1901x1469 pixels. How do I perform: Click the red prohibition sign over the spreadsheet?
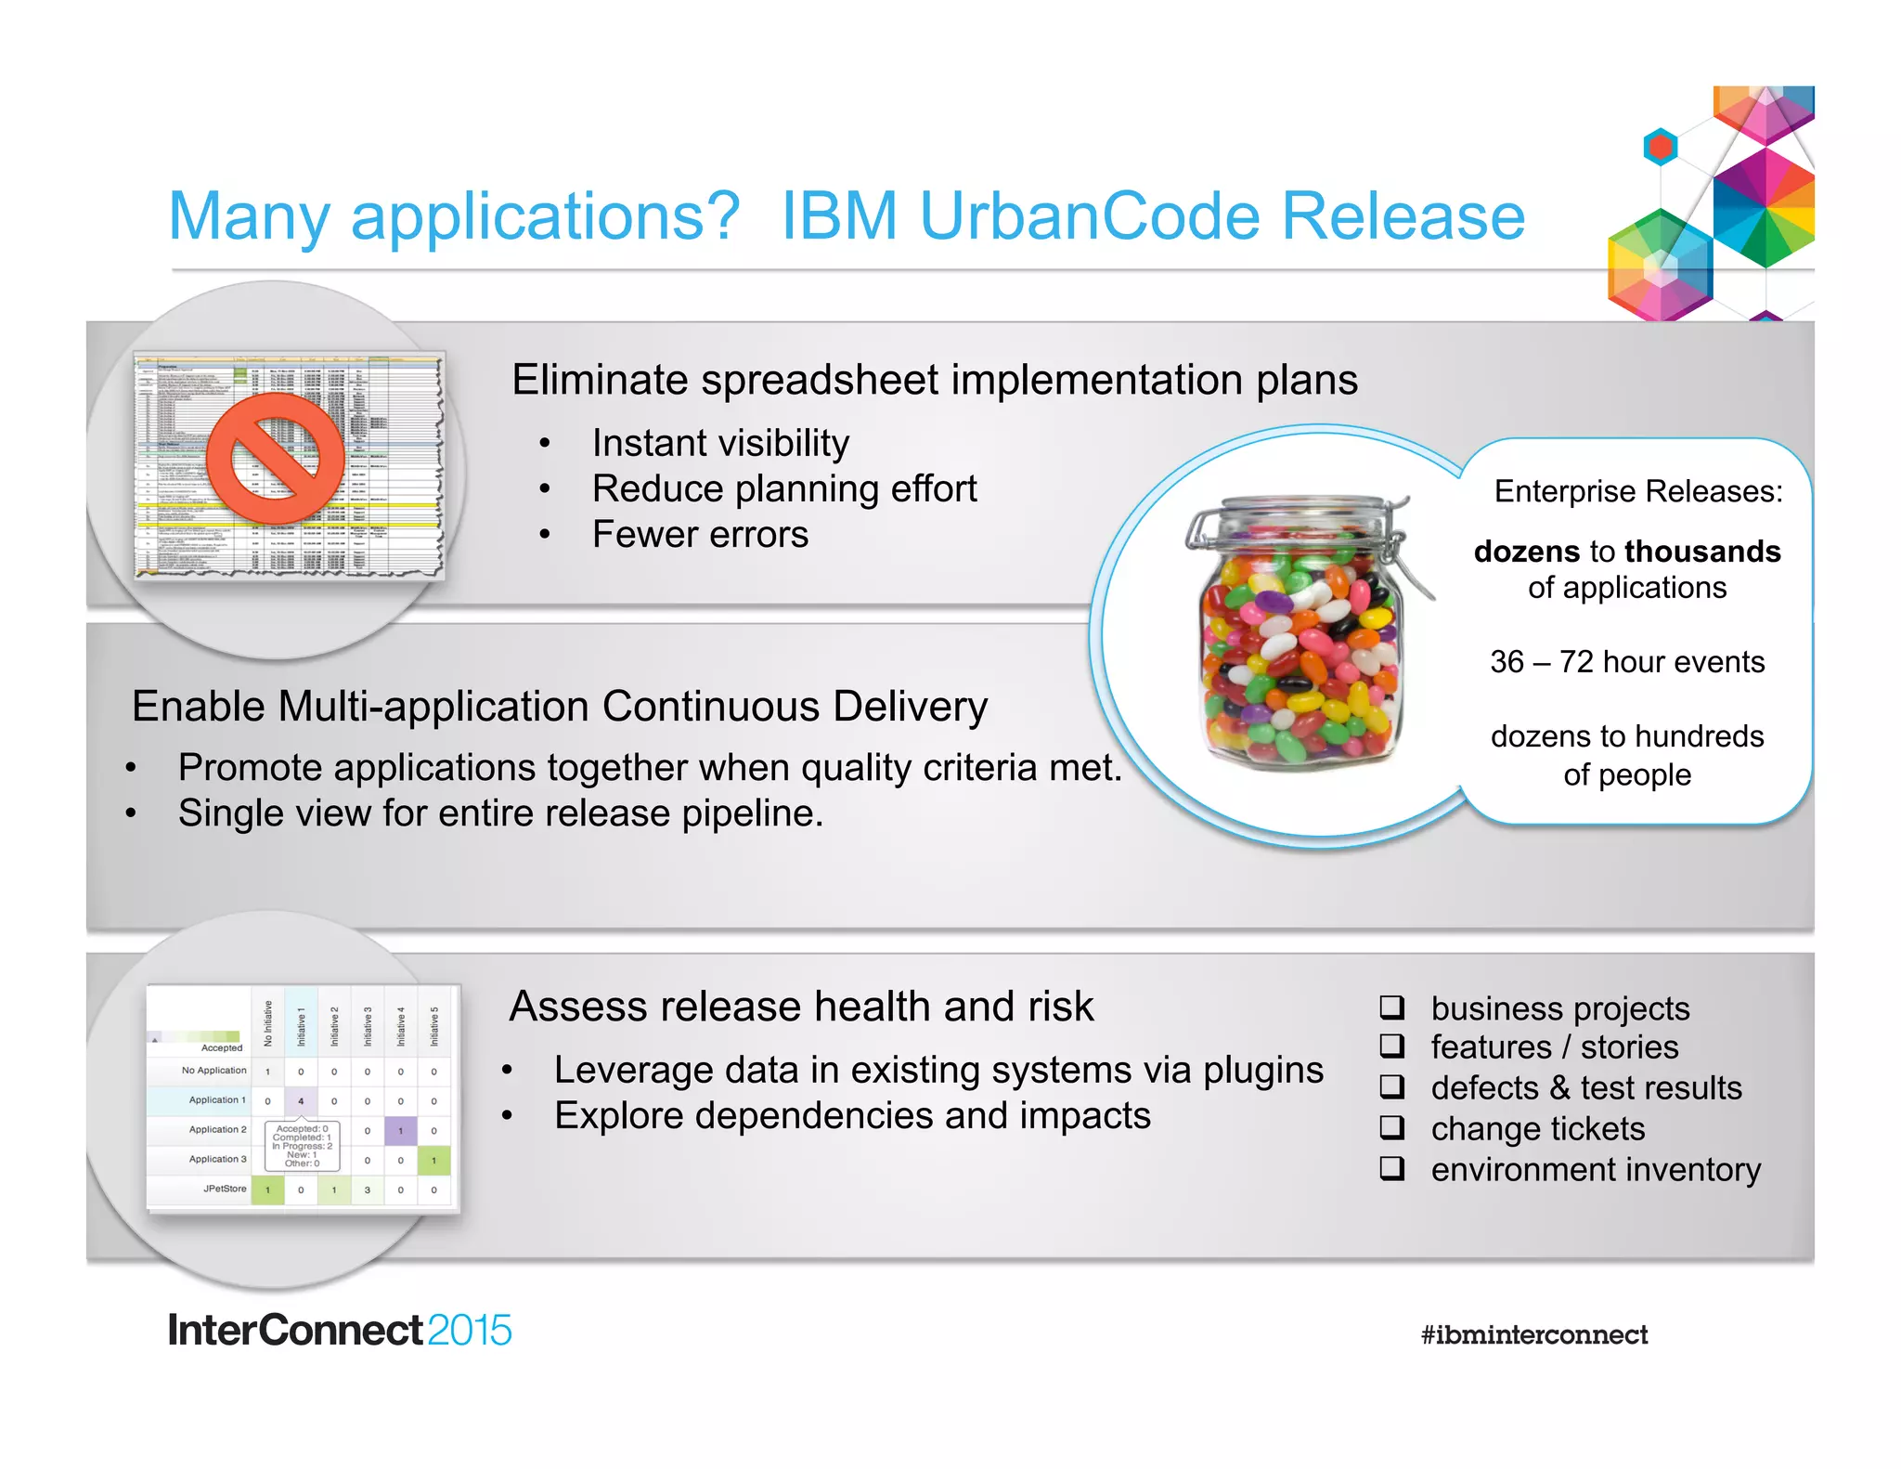click(276, 459)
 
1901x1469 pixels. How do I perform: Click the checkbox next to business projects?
click(1391, 1007)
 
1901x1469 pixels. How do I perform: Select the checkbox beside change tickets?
click(1391, 1127)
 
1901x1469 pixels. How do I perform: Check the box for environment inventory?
click(1391, 1167)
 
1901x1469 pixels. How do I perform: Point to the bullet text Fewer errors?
click(700, 535)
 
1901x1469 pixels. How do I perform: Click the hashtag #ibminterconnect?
click(1533, 1335)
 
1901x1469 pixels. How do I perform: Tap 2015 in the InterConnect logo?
click(470, 1331)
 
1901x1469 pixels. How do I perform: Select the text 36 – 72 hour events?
click(1627, 662)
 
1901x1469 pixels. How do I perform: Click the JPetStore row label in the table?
click(225, 1189)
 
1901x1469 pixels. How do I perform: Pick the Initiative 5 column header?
click(433, 1025)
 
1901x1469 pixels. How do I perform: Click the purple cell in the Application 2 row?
click(400, 1131)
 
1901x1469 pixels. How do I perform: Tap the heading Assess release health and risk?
click(801, 1007)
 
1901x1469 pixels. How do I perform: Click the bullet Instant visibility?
click(720, 444)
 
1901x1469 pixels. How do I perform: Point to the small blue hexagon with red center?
click(1660, 147)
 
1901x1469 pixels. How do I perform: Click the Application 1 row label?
click(217, 1100)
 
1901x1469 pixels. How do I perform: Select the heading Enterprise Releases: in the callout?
click(1637, 491)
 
